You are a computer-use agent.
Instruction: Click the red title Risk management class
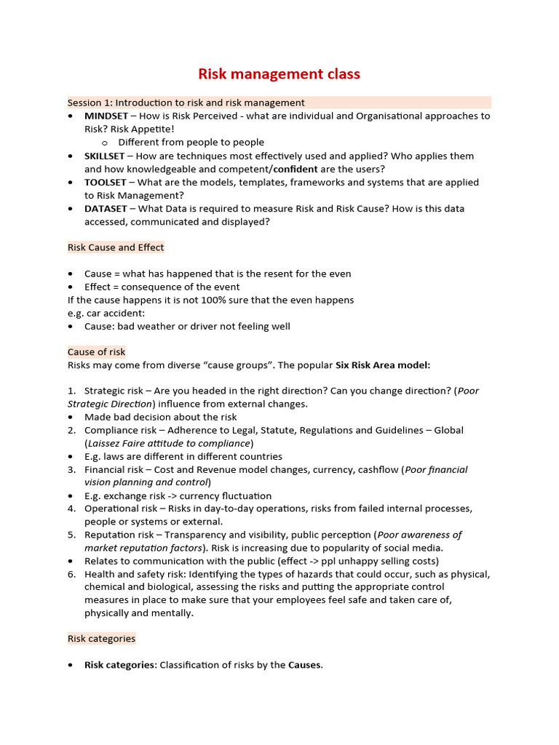(x=279, y=74)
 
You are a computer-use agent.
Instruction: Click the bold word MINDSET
(x=107, y=116)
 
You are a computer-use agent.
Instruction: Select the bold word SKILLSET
(x=106, y=156)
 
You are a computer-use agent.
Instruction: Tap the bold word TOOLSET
(x=106, y=182)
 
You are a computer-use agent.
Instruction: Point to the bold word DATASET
(x=105, y=209)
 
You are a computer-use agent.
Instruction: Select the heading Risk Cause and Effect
(x=116, y=247)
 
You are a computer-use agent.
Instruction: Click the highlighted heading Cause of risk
(x=97, y=351)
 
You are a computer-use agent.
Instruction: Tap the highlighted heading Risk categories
(x=101, y=639)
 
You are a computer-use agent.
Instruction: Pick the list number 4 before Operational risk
(x=72, y=509)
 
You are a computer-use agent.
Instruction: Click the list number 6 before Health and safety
(x=72, y=574)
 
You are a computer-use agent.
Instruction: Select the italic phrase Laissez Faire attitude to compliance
(x=169, y=443)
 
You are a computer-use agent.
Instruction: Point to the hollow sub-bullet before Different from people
(x=105, y=143)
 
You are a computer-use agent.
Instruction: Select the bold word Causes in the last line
(x=304, y=665)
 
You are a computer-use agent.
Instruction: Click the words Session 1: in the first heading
(x=90, y=103)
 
